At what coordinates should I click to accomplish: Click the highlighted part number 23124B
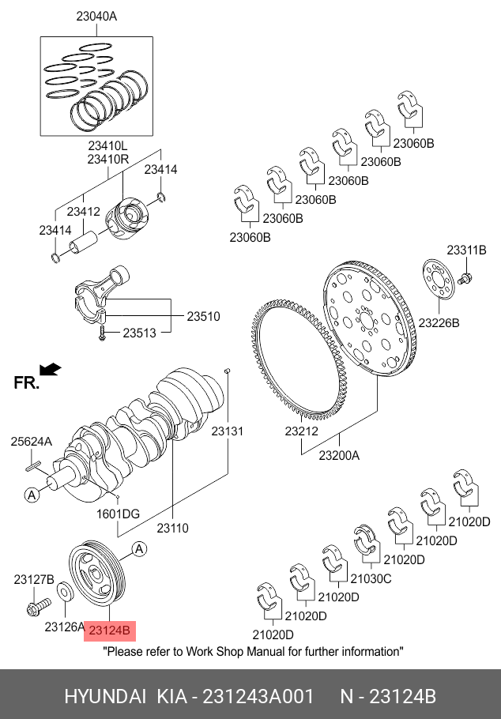click(111, 631)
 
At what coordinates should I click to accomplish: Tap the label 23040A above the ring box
click(96, 16)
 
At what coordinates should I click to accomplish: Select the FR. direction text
click(26, 383)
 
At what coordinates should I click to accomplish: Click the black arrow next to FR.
click(51, 369)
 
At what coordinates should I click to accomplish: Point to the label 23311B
click(466, 250)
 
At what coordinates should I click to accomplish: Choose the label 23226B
click(439, 322)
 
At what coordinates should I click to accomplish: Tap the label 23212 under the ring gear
click(301, 432)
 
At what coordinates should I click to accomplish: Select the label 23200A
click(339, 455)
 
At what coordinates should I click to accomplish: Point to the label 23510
click(203, 316)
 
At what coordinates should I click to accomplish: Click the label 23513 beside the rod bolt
click(141, 333)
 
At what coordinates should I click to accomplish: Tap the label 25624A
click(31, 442)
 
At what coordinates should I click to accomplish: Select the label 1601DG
click(119, 514)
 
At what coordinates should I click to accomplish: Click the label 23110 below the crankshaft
click(172, 528)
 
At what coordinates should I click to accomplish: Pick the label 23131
click(227, 431)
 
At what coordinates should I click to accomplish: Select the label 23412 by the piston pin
click(83, 212)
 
